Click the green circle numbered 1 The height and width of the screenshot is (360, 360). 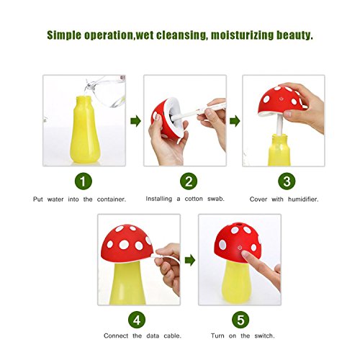click(84, 181)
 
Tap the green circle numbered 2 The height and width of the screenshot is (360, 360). click(189, 181)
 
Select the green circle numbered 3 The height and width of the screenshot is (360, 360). click(287, 181)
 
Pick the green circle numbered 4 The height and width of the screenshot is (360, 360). click(137, 320)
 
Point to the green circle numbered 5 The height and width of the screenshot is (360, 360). click(240, 320)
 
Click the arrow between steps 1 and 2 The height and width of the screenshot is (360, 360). click(135, 121)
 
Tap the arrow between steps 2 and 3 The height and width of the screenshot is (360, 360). click(235, 121)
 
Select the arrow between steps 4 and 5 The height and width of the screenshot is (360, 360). click(190, 261)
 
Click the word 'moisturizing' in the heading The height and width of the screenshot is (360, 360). click(242, 35)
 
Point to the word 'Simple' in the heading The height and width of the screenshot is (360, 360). click(64, 35)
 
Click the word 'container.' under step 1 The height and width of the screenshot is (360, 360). click(112, 199)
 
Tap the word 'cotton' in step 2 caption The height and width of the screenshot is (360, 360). click(194, 199)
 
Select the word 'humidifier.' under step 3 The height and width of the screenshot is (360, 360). click(303, 199)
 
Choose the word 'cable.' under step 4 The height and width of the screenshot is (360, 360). click(172, 336)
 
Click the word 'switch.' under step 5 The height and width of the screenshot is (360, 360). click(264, 336)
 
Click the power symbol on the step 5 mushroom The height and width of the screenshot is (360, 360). click(240, 248)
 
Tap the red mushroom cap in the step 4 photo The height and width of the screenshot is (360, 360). click(127, 243)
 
